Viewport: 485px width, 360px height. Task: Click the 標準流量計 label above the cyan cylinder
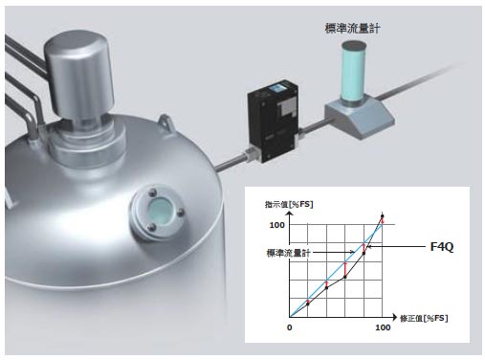pos(352,29)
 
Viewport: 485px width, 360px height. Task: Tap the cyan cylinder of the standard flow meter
pos(354,70)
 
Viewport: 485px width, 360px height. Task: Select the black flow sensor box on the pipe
pos(273,121)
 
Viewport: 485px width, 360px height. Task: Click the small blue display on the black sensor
pos(277,89)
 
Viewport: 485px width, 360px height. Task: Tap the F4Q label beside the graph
pos(442,247)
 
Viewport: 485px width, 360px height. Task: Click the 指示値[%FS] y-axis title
pos(289,204)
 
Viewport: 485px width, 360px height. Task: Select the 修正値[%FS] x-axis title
pos(424,318)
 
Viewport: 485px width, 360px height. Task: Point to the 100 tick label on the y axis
pos(276,225)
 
